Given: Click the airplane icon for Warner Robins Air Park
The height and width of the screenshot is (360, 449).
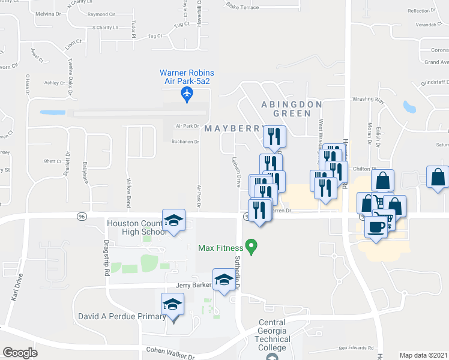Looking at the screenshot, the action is (187, 95).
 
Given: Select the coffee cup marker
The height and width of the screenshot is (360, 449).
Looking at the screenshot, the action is (376, 227).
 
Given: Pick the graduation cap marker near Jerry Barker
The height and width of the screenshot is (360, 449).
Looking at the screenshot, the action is (224, 281).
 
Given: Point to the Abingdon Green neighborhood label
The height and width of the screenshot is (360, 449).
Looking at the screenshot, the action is (291, 108).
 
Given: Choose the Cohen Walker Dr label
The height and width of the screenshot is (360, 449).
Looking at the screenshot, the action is (170, 352).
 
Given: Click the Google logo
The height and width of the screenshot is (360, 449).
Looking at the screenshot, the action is (20, 353).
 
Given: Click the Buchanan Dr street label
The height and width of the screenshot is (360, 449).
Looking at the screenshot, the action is (184, 142).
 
